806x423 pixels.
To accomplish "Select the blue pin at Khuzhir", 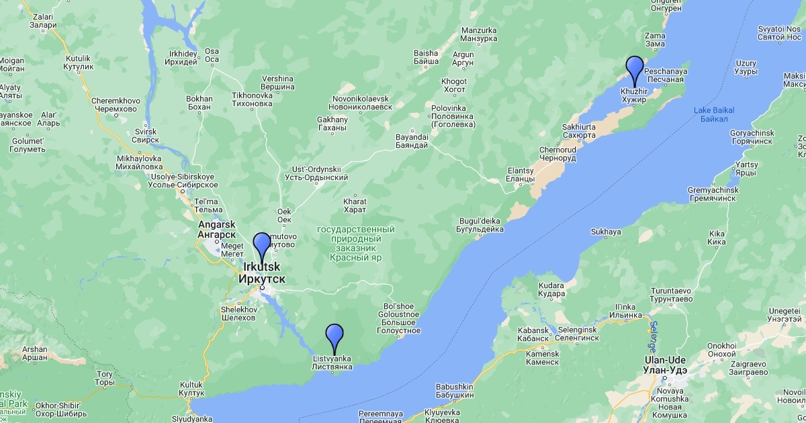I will point(635,69).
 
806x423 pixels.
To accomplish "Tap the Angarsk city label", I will point(216,230).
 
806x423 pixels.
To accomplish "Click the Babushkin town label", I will point(455,391).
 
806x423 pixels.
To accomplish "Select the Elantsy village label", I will point(521,175).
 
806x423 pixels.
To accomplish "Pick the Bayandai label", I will point(412,141).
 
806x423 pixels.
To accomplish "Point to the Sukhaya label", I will point(606,232).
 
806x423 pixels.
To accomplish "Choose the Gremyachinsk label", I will point(713,195).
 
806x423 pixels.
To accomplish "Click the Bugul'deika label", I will point(480,225).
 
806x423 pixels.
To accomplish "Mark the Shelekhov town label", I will point(238,314).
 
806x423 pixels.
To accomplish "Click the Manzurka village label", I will point(478,35).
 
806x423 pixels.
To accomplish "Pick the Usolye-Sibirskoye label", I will point(185,181).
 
